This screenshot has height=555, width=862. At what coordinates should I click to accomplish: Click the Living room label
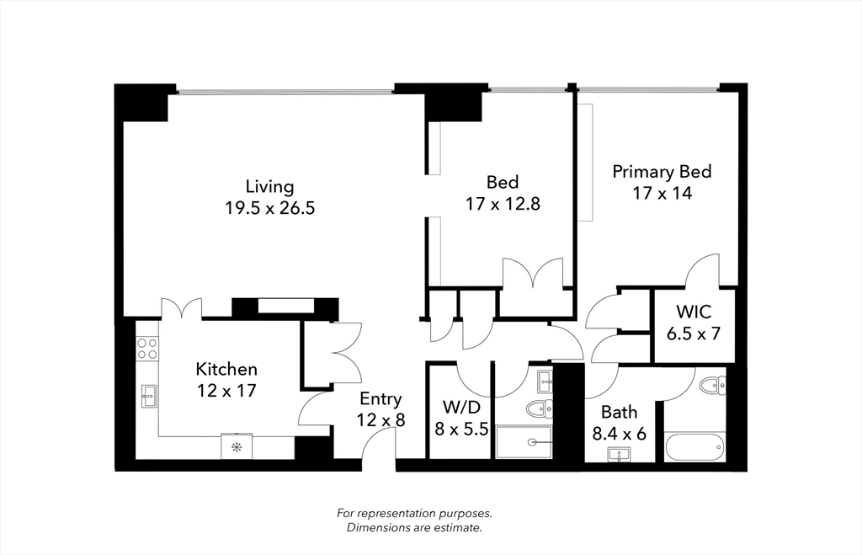click(269, 186)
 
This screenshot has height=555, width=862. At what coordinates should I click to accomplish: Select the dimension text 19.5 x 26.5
click(269, 208)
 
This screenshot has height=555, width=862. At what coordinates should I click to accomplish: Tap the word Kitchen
click(226, 369)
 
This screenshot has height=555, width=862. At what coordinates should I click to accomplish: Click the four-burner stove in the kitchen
click(147, 349)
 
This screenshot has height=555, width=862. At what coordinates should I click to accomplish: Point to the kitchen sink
click(148, 395)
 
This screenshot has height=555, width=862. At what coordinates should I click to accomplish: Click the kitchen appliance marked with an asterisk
click(237, 447)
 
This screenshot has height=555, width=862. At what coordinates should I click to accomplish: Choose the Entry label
click(380, 399)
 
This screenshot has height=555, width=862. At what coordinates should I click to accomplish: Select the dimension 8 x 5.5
click(460, 428)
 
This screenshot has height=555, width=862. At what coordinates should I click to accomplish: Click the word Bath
click(619, 413)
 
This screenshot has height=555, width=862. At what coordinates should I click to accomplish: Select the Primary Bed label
click(662, 172)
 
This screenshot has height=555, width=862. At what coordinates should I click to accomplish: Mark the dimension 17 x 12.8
click(502, 203)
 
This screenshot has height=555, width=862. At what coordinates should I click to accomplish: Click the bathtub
click(694, 446)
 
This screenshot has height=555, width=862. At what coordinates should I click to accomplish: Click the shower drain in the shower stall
click(533, 442)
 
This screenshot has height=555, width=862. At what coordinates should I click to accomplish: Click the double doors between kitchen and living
click(181, 307)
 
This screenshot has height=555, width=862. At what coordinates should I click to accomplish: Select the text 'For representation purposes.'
click(414, 513)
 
